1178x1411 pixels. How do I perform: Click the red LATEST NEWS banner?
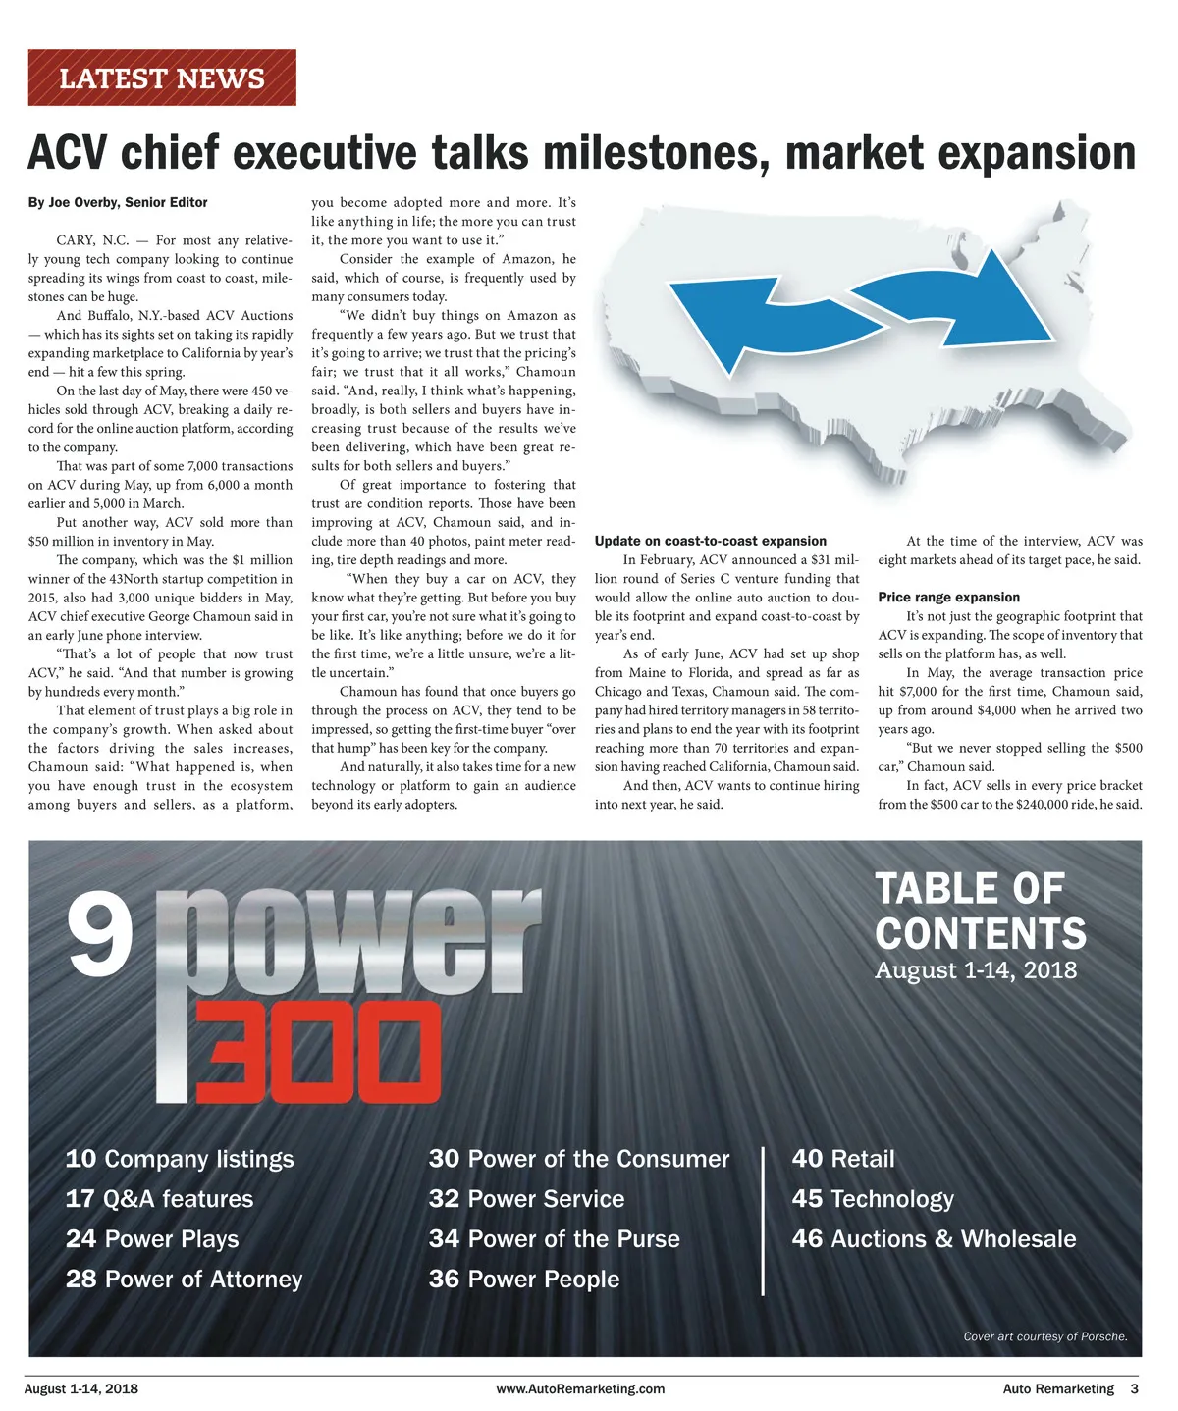pos(162,78)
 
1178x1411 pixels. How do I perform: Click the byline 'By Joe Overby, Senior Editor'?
pos(118,202)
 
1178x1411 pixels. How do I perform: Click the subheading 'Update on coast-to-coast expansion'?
pos(710,541)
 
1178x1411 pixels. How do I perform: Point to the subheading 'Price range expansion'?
pos(948,597)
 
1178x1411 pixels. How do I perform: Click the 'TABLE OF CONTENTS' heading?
pos(980,911)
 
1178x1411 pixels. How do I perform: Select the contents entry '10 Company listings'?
pos(180,1159)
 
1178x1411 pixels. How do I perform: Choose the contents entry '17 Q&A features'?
pos(159,1199)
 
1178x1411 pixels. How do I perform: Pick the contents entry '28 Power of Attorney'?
pos(184,1280)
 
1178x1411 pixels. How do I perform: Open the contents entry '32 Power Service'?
pos(526,1199)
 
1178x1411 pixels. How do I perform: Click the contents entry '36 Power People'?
pos(523,1280)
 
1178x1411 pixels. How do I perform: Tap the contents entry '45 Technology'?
pos(873,1199)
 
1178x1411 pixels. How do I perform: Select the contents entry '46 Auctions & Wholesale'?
pos(934,1239)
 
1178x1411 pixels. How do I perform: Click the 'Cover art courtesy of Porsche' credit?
pos(1044,1336)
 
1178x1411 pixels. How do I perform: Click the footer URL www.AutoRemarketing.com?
pos(580,1389)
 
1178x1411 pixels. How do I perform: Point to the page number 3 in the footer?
pos(1134,1389)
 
